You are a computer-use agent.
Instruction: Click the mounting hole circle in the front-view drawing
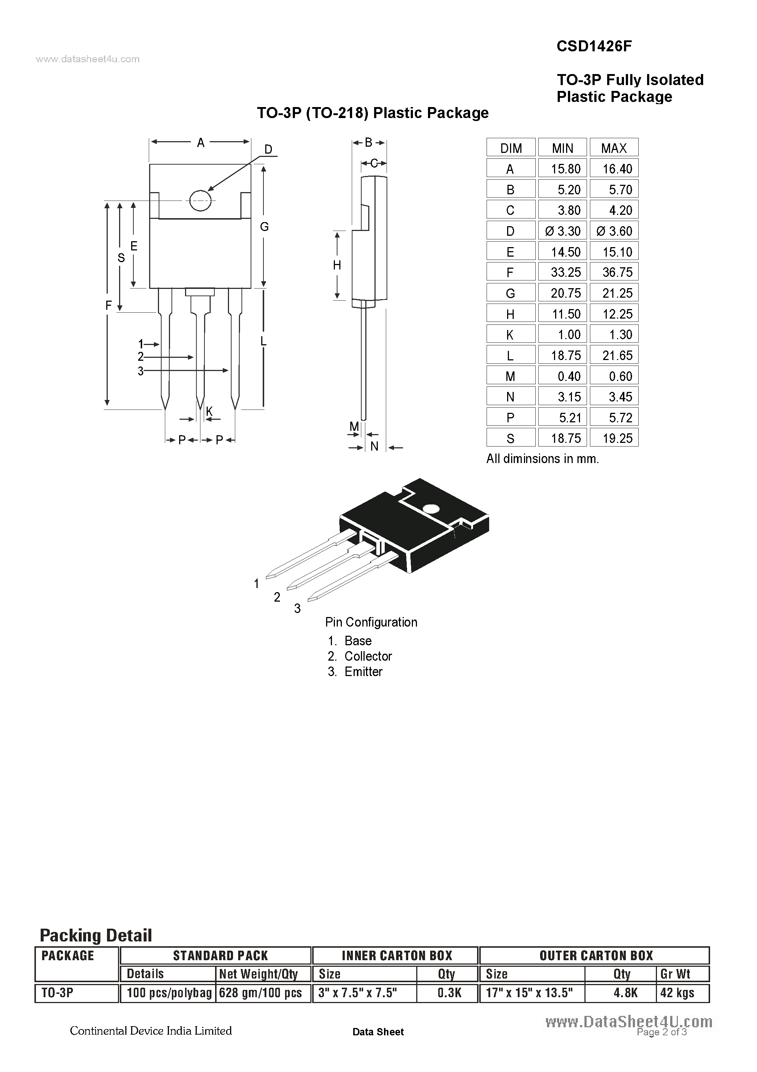tap(201, 201)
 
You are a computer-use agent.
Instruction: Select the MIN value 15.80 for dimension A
tap(565, 169)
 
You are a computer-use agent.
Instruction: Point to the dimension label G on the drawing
tap(264, 227)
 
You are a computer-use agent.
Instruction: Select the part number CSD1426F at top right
tap(594, 46)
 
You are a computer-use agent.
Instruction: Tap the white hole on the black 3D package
tap(430, 509)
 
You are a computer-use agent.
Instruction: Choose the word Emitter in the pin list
tap(363, 672)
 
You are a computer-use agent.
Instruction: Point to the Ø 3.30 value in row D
tap(563, 231)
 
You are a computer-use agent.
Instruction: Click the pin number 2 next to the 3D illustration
tap(277, 597)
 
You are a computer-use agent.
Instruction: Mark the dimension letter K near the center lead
tap(209, 411)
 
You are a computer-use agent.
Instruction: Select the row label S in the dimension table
tap(510, 438)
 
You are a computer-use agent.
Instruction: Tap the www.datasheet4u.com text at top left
tap(88, 59)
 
